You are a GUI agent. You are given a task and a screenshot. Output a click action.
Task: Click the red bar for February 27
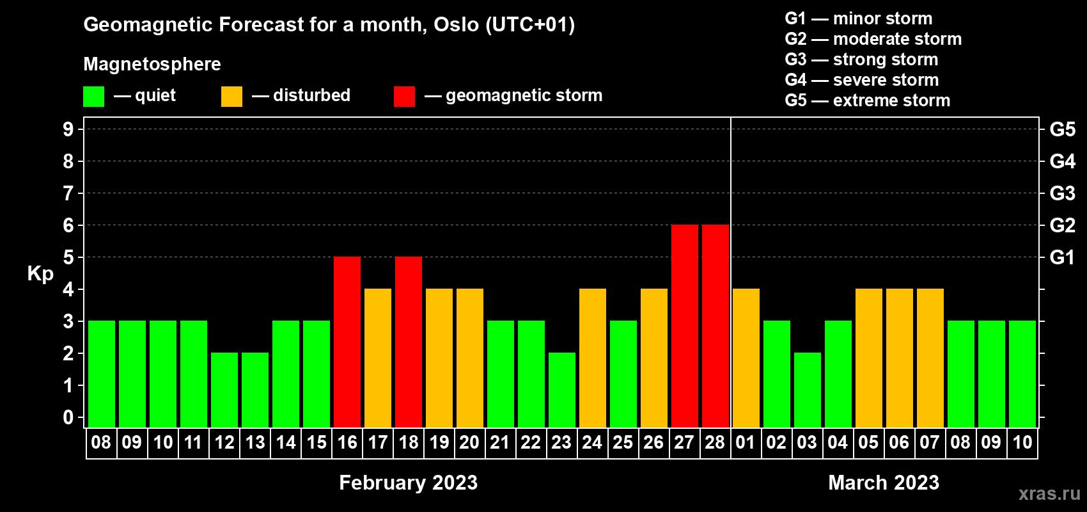(685, 326)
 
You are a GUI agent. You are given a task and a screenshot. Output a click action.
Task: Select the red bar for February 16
(347, 342)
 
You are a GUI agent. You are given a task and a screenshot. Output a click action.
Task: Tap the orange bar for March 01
(746, 358)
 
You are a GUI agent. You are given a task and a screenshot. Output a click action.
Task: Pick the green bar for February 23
(562, 390)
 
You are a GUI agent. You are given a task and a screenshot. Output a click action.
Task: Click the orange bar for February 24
(593, 358)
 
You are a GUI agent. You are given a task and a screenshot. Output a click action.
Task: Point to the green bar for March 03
(808, 390)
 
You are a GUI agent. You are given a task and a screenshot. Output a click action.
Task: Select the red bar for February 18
(409, 342)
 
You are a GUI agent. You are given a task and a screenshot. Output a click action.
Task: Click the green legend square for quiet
(93, 96)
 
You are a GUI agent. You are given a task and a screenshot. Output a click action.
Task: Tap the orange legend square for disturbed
(231, 96)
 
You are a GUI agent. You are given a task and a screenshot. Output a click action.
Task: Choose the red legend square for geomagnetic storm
(405, 96)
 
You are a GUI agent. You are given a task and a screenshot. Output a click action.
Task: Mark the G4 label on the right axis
(1063, 161)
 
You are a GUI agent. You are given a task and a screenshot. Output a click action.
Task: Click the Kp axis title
(40, 273)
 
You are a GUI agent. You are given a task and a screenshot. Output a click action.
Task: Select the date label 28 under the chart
(715, 442)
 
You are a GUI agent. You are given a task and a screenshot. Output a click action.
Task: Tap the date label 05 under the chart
(868, 442)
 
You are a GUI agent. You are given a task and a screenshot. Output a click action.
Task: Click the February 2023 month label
(409, 483)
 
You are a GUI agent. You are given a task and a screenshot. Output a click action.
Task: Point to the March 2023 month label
(884, 483)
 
